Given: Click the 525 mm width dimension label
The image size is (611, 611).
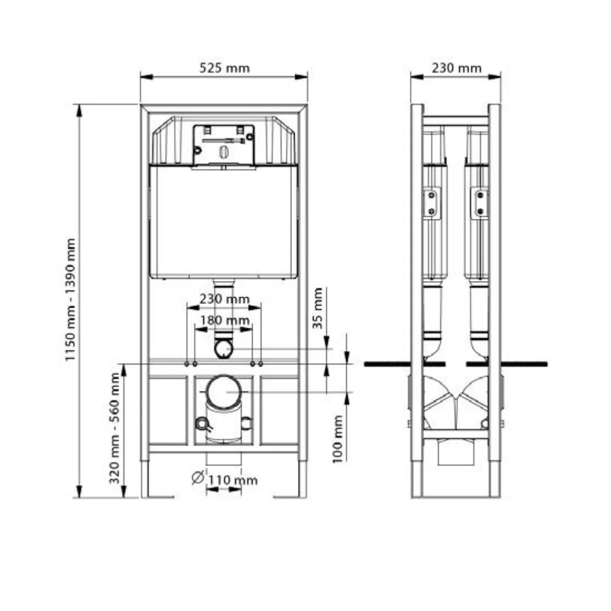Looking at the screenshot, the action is [x=225, y=68].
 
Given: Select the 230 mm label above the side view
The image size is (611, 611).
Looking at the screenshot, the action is [x=457, y=68].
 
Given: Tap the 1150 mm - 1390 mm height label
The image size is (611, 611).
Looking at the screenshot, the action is [x=70, y=300].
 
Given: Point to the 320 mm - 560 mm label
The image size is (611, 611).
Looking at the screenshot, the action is [x=114, y=428].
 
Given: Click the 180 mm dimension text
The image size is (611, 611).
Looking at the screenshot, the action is [x=225, y=320].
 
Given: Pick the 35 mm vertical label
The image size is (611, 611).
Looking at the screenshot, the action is [x=318, y=308].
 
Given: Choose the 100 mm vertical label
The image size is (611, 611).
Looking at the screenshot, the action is [x=337, y=439].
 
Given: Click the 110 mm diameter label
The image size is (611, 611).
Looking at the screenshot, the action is [x=233, y=480].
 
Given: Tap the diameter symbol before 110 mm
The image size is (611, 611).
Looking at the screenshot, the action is [x=198, y=477].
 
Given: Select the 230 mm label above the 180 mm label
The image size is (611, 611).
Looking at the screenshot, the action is [x=225, y=299].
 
